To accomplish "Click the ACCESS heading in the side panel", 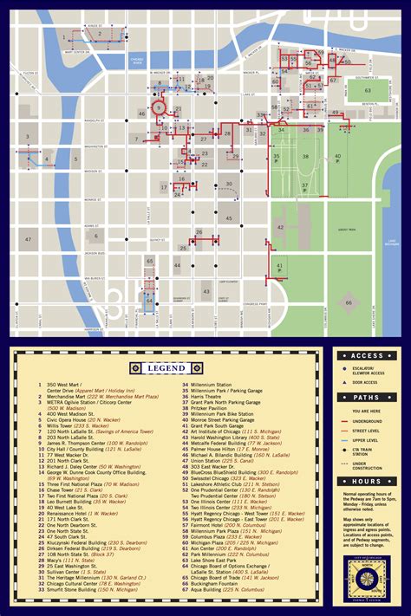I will (368, 356).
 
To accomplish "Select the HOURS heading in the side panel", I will (368, 481).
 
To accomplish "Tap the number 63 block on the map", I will (368, 90).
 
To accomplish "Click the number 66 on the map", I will (349, 302).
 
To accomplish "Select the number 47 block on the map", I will (28, 239).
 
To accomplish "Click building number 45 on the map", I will (229, 218).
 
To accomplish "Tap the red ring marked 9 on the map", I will (160, 107).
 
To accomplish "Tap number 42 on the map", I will (281, 227).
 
